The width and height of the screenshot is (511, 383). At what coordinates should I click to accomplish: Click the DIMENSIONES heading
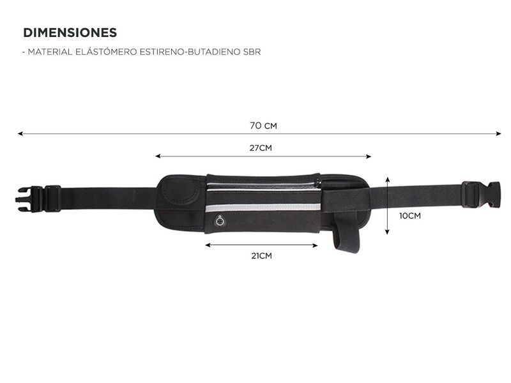[70, 33]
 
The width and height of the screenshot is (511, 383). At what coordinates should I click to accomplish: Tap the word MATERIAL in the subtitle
[50, 52]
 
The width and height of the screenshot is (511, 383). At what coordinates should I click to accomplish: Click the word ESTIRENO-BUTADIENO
[190, 52]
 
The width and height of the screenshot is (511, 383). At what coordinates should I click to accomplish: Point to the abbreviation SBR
[252, 52]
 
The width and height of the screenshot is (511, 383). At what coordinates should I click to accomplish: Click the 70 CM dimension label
[263, 126]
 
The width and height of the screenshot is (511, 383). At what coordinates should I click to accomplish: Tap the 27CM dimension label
[261, 148]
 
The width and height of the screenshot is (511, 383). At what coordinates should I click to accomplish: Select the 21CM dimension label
[261, 256]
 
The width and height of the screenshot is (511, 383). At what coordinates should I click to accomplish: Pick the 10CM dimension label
[410, 216]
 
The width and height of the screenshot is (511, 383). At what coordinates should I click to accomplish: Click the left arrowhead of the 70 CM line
[20, 133]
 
